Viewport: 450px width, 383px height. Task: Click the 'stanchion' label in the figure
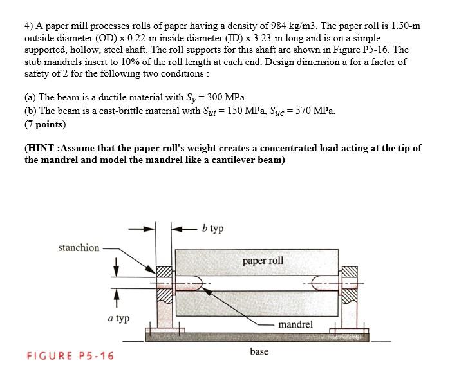tap(79, 247)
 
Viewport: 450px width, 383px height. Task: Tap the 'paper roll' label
tap(262, 261)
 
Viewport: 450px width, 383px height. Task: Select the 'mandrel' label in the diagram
tap(295, 324)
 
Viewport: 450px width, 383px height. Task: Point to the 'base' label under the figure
tap(259, 351)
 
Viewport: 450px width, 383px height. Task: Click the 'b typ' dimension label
tap(212, 229)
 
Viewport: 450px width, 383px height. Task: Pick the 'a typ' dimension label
tap(118, 318)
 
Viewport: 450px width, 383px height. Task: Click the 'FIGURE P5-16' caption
tap(70, 356)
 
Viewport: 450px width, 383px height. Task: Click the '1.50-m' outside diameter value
tap(404, 26)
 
